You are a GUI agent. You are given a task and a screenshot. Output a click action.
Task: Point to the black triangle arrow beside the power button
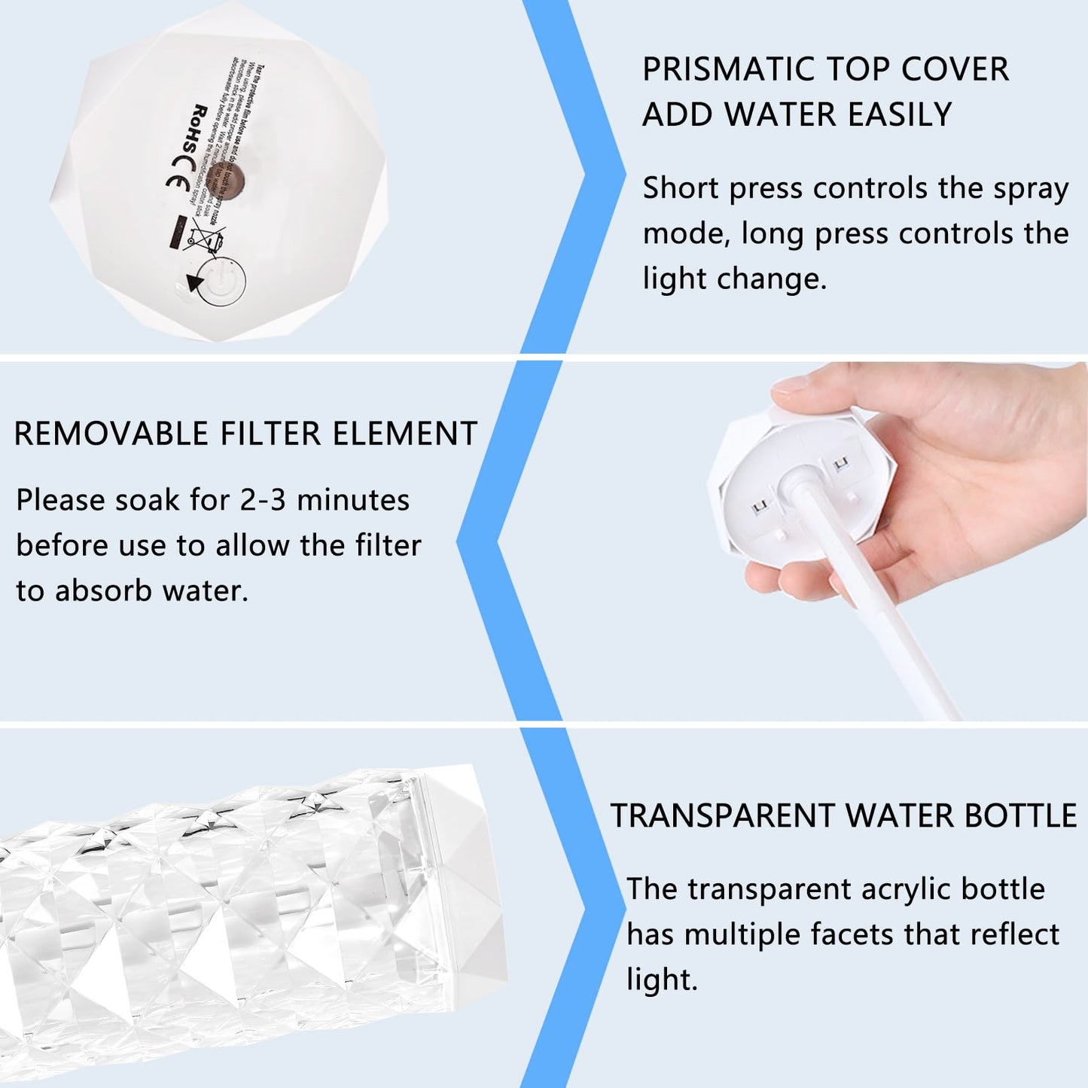coord(196,283)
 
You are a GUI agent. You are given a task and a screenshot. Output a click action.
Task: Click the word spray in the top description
coord(1031,188)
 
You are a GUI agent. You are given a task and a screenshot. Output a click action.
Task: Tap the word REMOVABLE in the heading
coord(111,434)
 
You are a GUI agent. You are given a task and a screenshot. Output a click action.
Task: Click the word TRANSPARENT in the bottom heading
coord(722,816)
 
